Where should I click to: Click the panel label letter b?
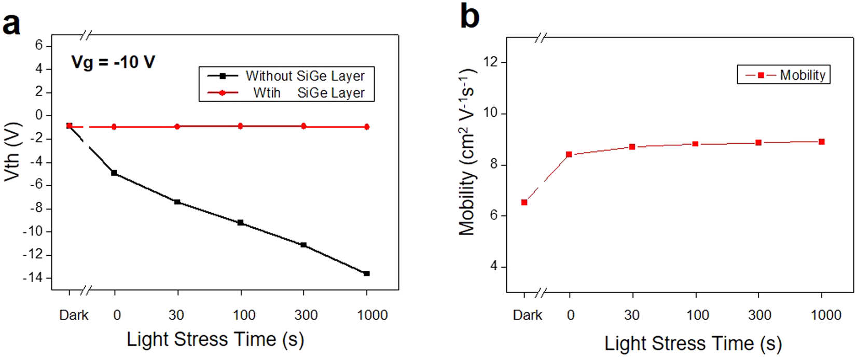[x=470, y=17]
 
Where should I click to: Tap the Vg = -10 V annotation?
[x=113, y=62]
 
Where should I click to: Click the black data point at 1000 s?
[x=367, y=273]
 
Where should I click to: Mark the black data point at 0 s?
[x=114, y=173]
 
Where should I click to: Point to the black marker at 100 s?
[x=240, y=223]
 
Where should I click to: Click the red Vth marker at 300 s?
[x=303, y=126]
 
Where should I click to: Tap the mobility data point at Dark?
[x=524, y=202]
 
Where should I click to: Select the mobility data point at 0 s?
[x=569, y=154]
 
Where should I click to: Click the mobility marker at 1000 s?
[x=822, y=142]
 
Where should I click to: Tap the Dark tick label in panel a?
[x=74, y=315]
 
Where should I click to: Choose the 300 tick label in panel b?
[x=760, y=315]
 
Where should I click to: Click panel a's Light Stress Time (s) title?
[x=215, y=339]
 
